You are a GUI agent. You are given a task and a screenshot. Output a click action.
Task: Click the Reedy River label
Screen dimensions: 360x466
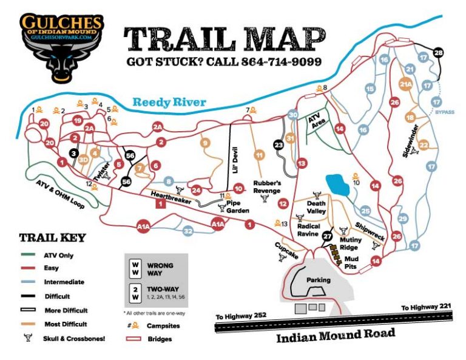coord(170,103)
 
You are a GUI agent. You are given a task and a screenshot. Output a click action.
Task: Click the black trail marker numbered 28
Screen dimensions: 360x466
coord(439,53)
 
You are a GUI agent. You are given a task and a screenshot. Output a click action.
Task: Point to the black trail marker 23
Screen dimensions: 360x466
coord(278,146)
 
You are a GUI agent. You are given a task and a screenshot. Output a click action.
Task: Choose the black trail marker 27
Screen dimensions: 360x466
coord(327,236)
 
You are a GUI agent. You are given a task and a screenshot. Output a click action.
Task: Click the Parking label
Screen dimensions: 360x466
coord(318,280)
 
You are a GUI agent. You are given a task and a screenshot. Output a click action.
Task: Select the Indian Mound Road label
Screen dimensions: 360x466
coord(336,335)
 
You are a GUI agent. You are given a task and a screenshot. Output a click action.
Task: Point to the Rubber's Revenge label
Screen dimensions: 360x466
coord(267,186)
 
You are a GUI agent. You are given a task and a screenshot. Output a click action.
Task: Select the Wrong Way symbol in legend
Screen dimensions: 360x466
coord(135,268)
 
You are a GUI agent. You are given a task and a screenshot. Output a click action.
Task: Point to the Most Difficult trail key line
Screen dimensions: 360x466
coord(28,324)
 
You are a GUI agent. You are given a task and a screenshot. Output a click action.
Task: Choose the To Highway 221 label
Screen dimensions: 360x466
coord(427,308)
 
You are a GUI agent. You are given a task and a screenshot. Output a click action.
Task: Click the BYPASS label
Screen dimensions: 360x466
coord(444,112)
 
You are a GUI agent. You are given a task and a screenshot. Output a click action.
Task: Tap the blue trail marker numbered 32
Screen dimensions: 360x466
coord(188,231)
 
